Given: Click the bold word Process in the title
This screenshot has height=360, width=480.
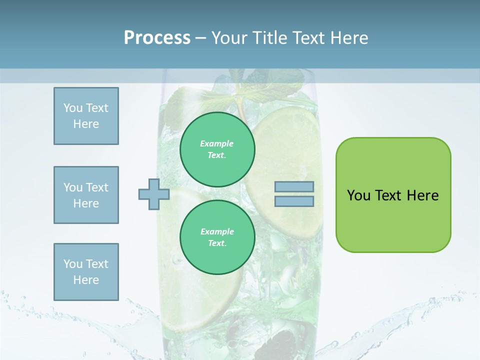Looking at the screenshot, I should [157, 37].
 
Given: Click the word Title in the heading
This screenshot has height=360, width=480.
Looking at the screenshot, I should [267, 38].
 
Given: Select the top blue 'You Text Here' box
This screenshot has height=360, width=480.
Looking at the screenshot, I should [86, 116].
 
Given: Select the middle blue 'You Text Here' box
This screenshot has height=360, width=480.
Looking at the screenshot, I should [86, 195].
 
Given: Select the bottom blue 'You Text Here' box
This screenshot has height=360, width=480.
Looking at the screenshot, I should [86, 272].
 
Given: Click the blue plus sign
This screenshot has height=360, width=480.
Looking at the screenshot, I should [154, 194].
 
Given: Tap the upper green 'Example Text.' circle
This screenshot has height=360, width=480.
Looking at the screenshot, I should [217, 149].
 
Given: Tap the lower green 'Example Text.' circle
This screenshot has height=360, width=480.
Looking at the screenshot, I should [217, 237].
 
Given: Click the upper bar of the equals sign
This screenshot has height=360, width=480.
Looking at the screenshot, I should [294, 187].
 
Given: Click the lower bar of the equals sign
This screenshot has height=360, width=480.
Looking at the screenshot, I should [294, 201].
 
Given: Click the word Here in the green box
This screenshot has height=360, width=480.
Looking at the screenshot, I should [422, 195].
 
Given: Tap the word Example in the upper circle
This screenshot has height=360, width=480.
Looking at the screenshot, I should [216, 144].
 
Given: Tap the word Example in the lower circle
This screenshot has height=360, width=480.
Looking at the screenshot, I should [217, 232].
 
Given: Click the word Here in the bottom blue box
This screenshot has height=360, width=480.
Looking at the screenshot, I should [86, 280].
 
